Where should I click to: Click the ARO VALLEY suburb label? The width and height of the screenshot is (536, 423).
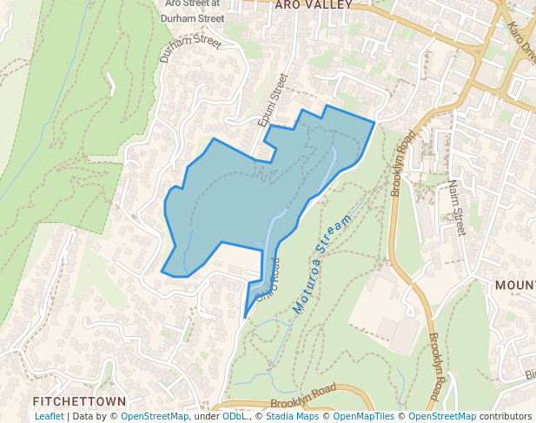313,5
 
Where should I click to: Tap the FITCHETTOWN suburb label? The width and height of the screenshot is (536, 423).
79,401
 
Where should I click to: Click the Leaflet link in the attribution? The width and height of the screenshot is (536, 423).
49,417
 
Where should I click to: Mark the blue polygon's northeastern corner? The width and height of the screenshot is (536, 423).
374,123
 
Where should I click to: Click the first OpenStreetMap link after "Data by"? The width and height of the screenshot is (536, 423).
155,417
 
